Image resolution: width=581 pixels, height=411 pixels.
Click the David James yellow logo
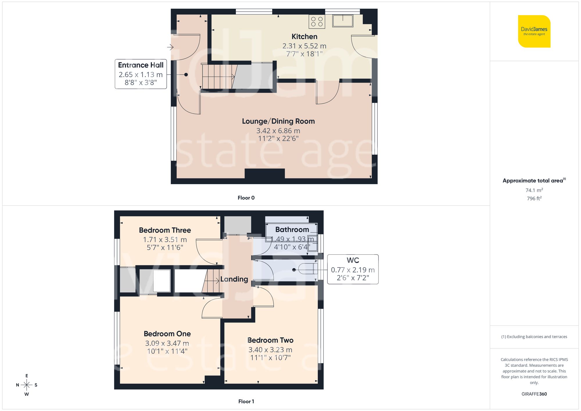tap(534, 31)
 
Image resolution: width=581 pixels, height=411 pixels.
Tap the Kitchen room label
tap(304, 37)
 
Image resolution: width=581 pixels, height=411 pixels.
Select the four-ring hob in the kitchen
tap(317, 21)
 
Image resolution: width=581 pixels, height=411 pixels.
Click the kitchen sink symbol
tap(343, 21)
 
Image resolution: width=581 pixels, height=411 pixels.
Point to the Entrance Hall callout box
tap(141, 74)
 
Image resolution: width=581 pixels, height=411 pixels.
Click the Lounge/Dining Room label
tap(278, 121)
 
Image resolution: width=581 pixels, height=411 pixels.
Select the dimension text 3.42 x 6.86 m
tap(278, 131)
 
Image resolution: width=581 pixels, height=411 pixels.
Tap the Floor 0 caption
tap(246, 198)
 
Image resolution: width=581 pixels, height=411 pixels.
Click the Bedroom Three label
tap(165, 230)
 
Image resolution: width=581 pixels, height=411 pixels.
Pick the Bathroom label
tap(292, 229)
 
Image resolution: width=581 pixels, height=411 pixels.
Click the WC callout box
tap(353, 269)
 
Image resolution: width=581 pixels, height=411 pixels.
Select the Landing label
tap(234, 279)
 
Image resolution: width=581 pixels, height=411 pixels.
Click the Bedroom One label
tap(167, 334)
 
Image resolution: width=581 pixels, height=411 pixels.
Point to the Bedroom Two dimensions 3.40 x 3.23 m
tap(270, 350)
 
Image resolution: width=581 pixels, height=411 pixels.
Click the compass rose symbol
tap(26, 385)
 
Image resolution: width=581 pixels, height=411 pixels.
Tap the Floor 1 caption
tap(246, 401)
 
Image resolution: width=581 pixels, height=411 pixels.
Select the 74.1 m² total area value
tap(534, 190)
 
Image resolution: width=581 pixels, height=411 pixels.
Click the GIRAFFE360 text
tap(534, 394)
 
